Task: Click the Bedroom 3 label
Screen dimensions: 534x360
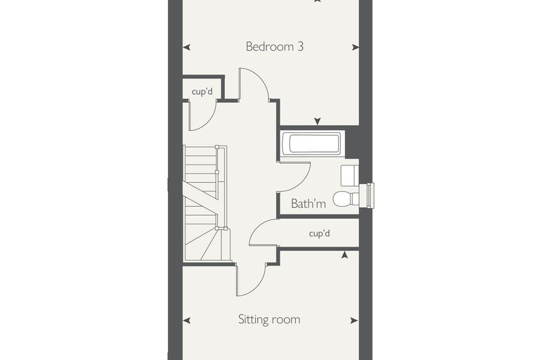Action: coord(275,46)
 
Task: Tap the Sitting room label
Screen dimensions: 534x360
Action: coord(269,319)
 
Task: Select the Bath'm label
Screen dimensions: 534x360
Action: coord(308,203)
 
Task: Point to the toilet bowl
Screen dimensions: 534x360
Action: coord(344,199)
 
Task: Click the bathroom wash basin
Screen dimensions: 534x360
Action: coord(349,176)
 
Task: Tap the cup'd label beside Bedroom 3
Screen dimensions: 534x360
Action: coord(202,91)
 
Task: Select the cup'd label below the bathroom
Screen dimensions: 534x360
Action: coord(320,233)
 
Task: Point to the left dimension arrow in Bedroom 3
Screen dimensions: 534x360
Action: coord(187,47)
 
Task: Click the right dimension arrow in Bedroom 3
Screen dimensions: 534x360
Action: coord(356,47)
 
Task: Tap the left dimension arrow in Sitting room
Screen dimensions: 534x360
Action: coord(187,321)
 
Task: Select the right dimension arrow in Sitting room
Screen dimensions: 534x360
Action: coord(354,321)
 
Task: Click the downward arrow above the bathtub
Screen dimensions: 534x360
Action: coord(318,121)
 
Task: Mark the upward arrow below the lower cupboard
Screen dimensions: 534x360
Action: coord(345,255)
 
